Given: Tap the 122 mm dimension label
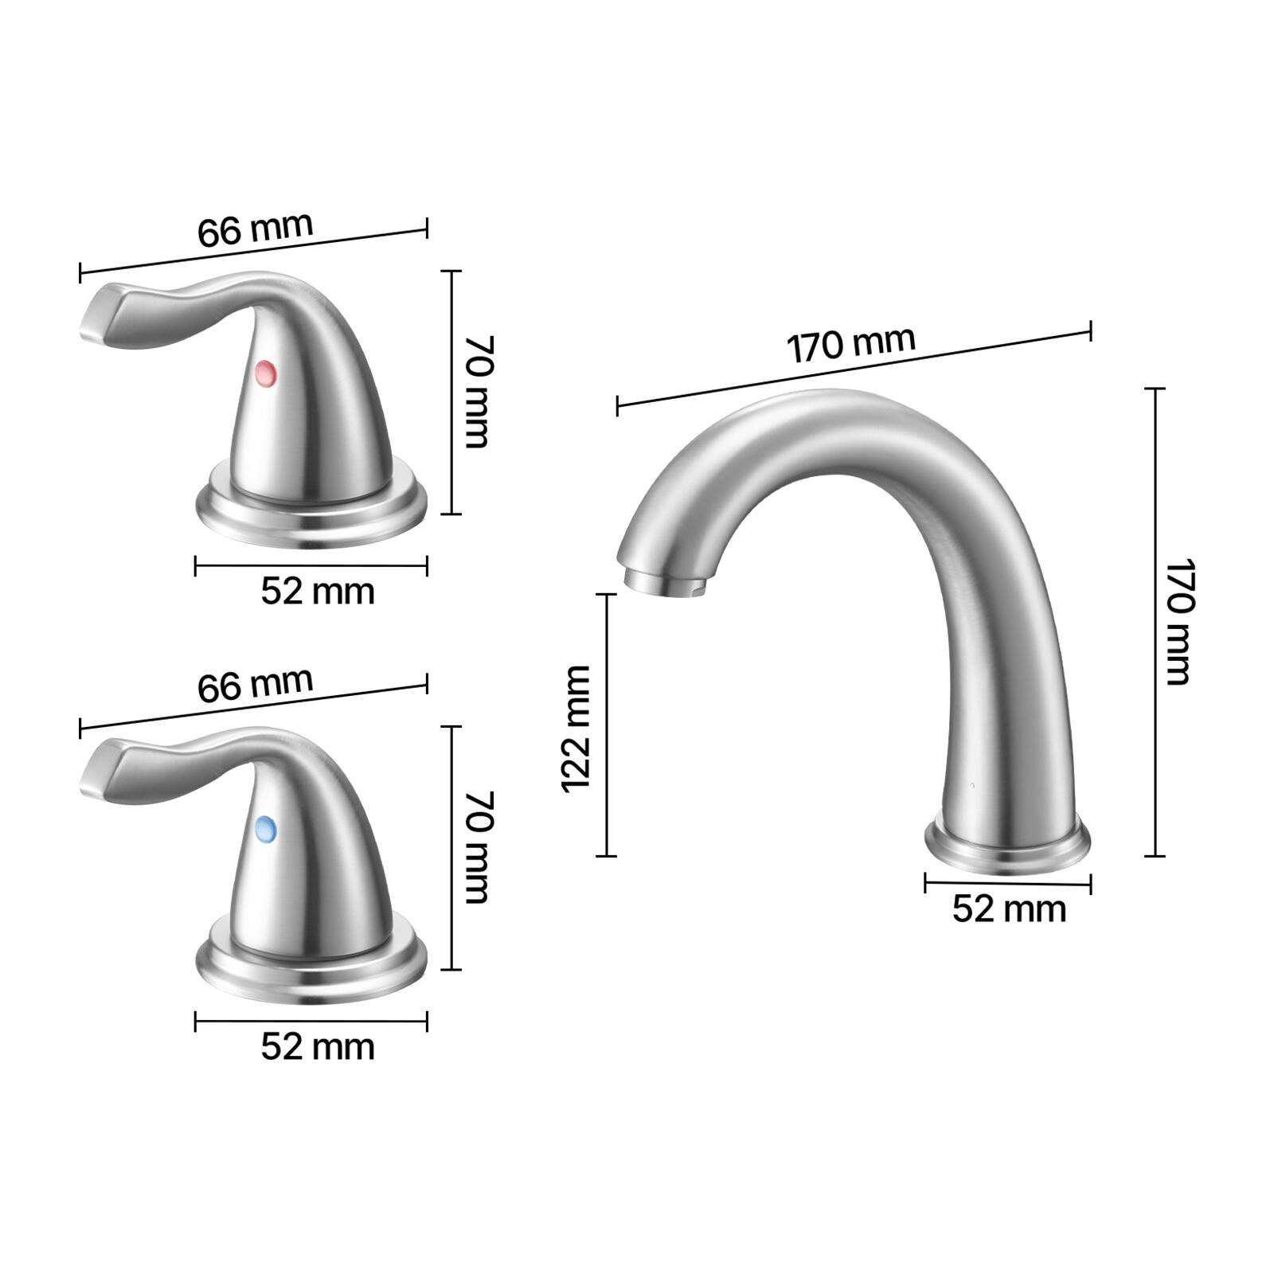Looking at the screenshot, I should tap(576, 729).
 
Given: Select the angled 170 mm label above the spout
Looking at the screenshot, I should tap(850, 345).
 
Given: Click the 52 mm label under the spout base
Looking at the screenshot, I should tap(1008, 909).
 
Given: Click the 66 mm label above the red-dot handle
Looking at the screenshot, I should tap(255, 229).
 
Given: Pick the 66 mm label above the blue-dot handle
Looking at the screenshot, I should tap(255, 685).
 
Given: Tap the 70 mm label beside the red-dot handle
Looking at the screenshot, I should tap(479, 392).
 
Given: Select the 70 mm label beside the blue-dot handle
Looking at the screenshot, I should tap(479, 847).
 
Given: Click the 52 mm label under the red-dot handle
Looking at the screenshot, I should tap(317, 592).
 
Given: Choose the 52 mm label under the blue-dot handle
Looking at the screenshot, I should tap(317, 1047).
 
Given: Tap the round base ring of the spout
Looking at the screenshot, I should tap(1007, 847).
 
